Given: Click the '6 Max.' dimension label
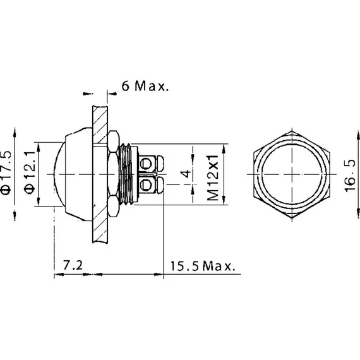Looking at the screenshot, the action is pyautogui.click(x=145, y=86).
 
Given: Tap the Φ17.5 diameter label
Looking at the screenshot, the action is pyautogui.click(x=6, y=172).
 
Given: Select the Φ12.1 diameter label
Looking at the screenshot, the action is pyautogui.click(x=30, y=172).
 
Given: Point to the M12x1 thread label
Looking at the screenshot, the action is pyautogui.click(x=213, y=177).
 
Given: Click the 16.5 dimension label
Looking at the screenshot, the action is pyautogui.click(x=350, y=176).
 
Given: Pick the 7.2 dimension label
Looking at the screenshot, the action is pyautogui.click(x=73, y=265).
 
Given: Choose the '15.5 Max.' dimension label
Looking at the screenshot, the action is pyautogui.click(x=203, y=266).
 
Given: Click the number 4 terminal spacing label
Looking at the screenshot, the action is pyautogui.click(x=187, y=174).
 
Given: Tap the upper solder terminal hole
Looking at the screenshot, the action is pyautogui.click(x=146, y=164).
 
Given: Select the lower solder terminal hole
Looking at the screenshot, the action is pyautogui.click(x=146, y=185).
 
